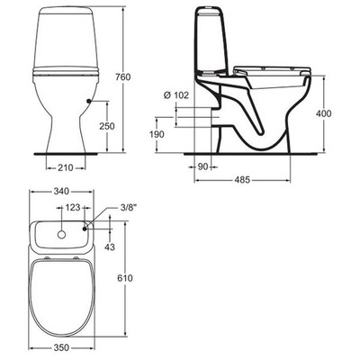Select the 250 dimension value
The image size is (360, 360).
click(x=106, y=126)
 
